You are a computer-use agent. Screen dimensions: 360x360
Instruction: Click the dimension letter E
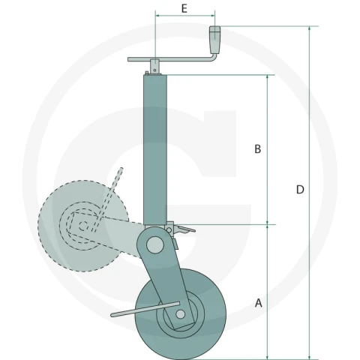coord(184,9)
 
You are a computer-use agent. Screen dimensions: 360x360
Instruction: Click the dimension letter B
coord(257,149)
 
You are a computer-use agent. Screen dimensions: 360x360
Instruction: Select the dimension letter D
coord(300,190)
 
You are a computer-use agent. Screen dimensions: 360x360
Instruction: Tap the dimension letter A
coord(259,303)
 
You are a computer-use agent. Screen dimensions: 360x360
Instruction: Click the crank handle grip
coord(214,39)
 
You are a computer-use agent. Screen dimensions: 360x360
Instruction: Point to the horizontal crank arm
coord(170,59)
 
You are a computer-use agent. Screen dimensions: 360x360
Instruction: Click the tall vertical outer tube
coord(155,149)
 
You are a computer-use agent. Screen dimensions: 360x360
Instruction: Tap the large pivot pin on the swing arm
coord(155,245)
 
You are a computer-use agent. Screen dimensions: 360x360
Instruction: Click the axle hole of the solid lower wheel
coord(180,314)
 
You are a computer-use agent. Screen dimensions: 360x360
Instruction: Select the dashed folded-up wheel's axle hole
coord(83,226)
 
